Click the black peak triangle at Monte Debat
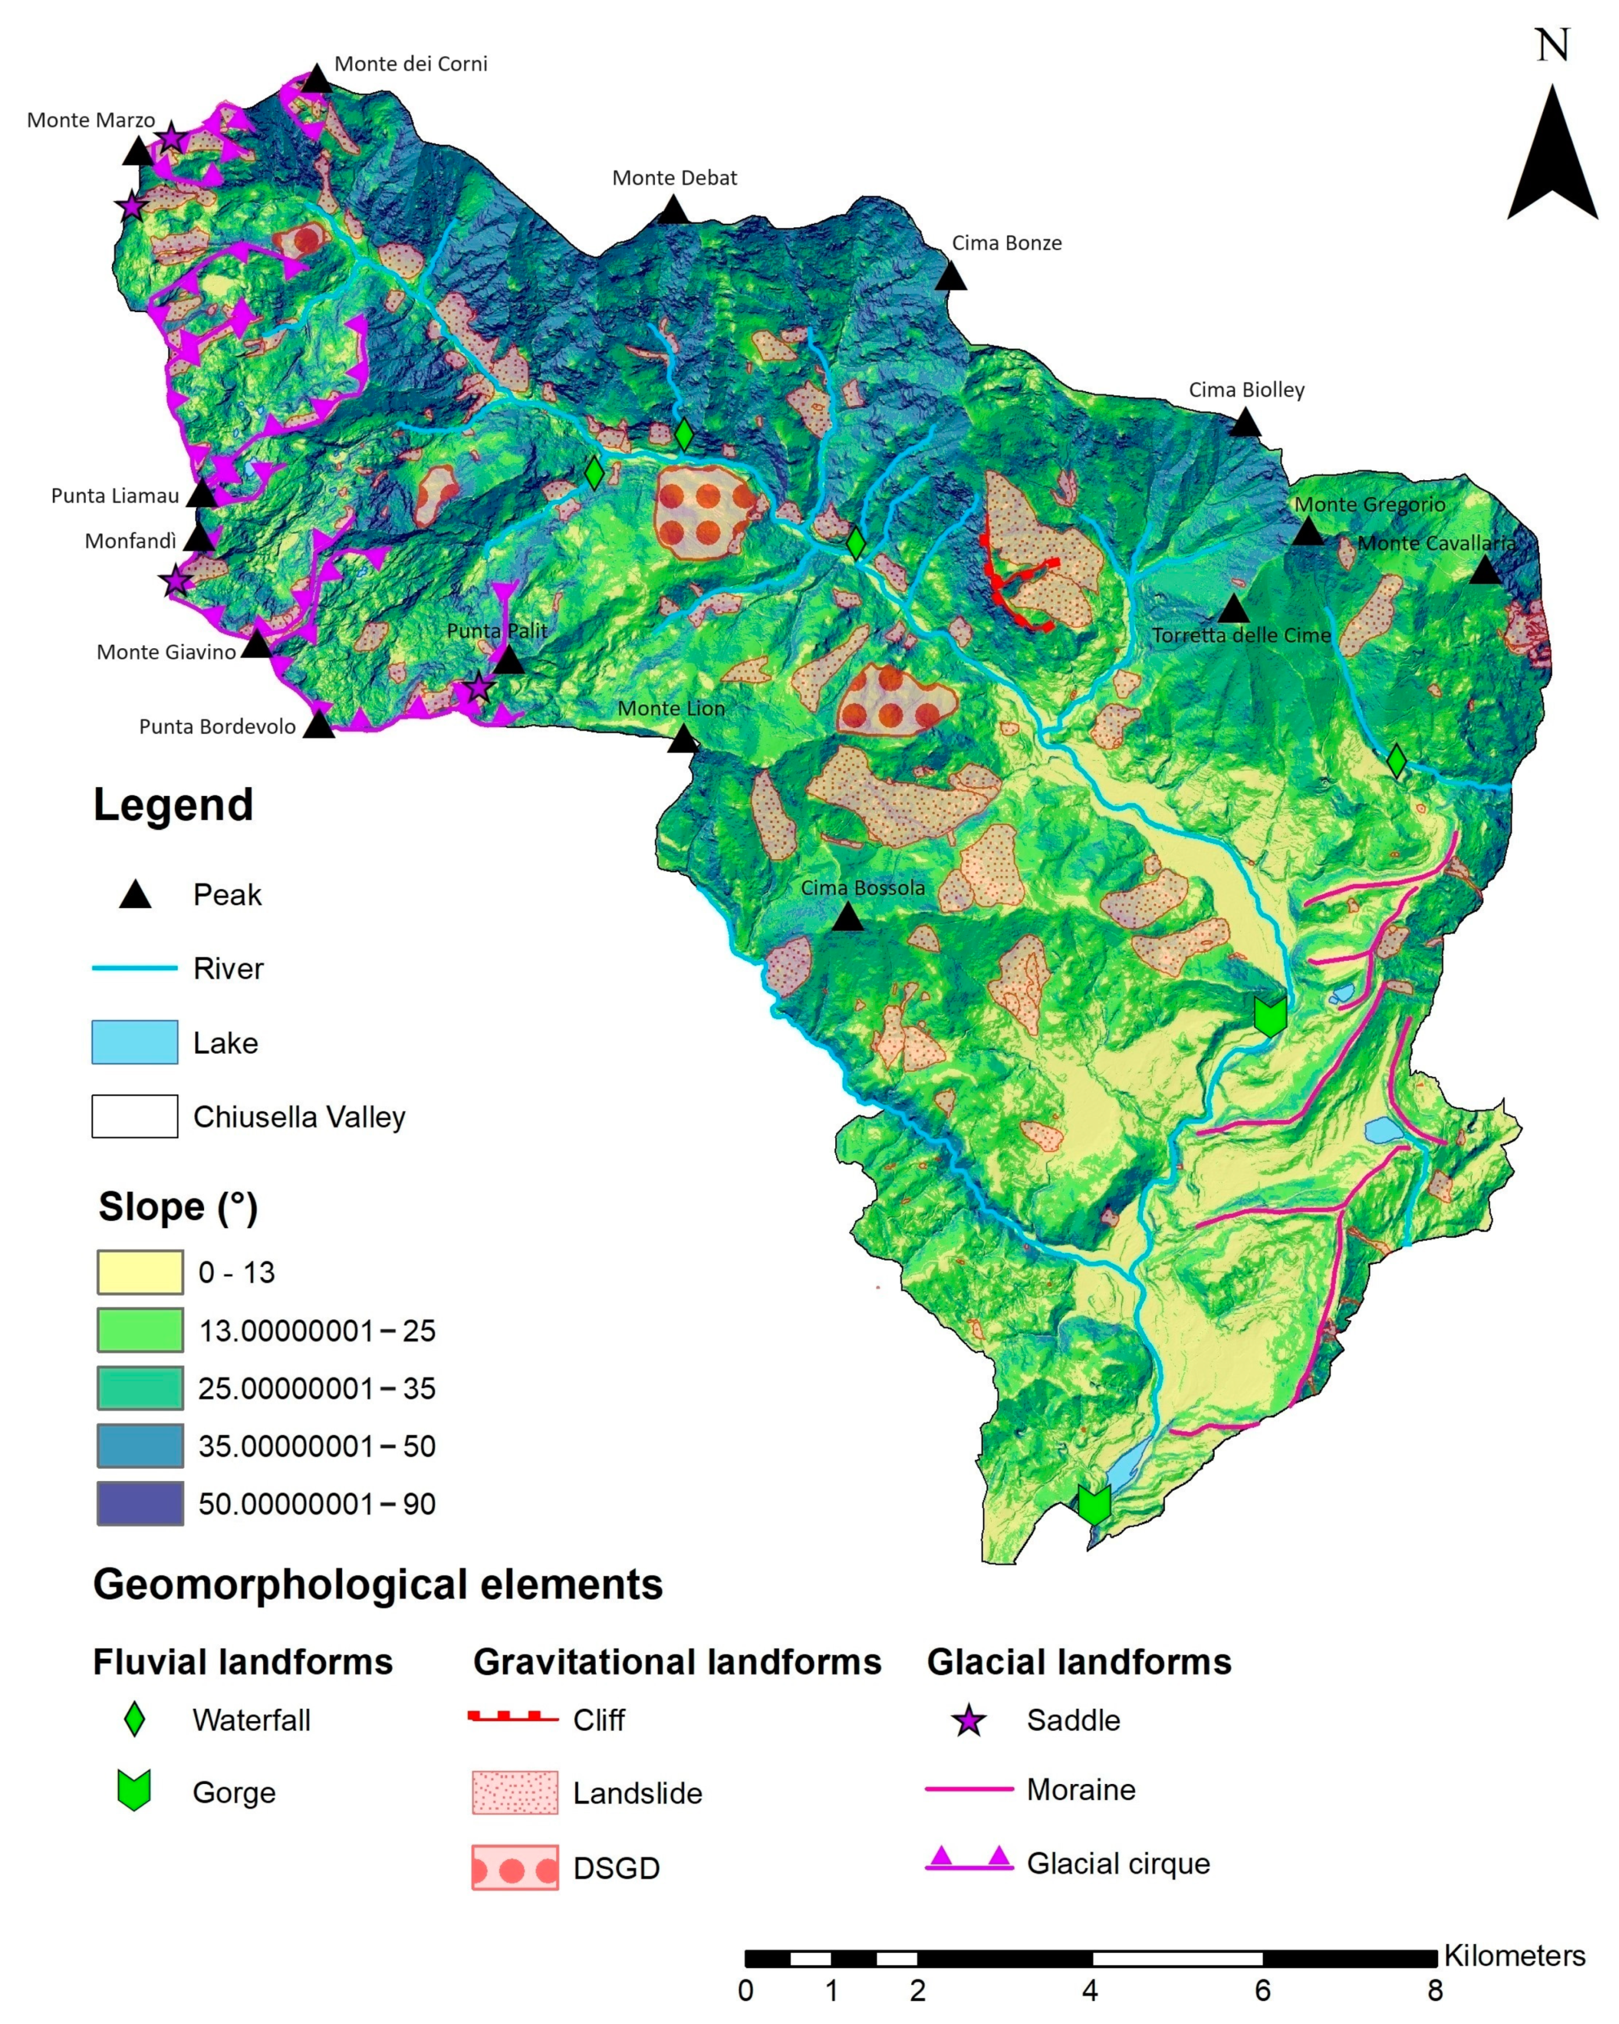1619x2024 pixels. (673, 210)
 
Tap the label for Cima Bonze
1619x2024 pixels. (1006, 243)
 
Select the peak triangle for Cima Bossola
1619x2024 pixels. (847, 917)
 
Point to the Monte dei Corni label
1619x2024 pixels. (410, 64)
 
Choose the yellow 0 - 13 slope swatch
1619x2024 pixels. (140, 1272)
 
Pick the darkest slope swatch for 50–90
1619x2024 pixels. (140, 1503)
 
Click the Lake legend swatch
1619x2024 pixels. (134, 1042)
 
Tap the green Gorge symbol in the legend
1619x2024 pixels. (134, 1790)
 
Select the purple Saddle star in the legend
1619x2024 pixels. (969, 1721)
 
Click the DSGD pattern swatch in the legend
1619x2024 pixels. (514, 1867)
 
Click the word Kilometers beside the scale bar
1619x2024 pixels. (1514, 1955)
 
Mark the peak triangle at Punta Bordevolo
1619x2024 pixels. (319, 725)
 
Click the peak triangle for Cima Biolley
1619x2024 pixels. (1245, 423)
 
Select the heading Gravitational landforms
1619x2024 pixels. (676, 1662)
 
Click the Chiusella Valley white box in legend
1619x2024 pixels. (134, 1116)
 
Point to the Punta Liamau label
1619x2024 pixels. (114, 496)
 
